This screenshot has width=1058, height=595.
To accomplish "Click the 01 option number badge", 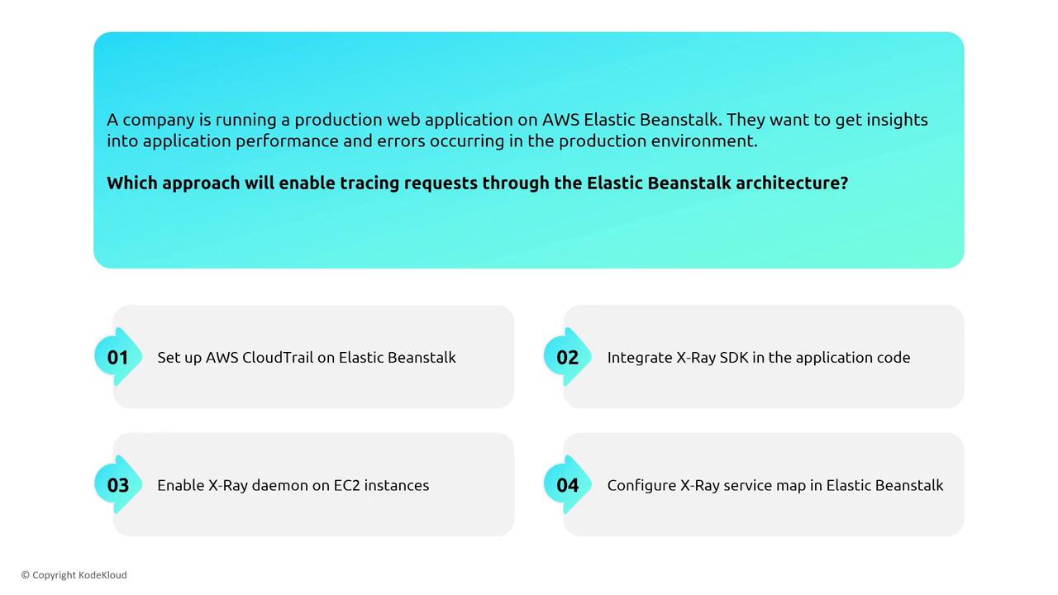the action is click(118, 357).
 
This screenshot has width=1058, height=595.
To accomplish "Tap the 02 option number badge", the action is click(567, 357).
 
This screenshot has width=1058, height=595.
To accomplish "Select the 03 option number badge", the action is click(118, 485).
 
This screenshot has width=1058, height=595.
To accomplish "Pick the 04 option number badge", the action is click(567, 485).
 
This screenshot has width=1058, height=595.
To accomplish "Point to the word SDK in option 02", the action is click(733, 358).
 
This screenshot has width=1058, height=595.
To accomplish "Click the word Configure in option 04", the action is click(641, 486).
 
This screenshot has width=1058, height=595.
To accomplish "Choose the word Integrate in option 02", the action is click(640, 359).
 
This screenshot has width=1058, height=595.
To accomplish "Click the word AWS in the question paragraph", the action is click(560, 120).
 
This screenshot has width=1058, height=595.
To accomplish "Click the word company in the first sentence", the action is click(159, 121).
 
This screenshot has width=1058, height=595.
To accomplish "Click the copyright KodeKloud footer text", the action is click(74, 575).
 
